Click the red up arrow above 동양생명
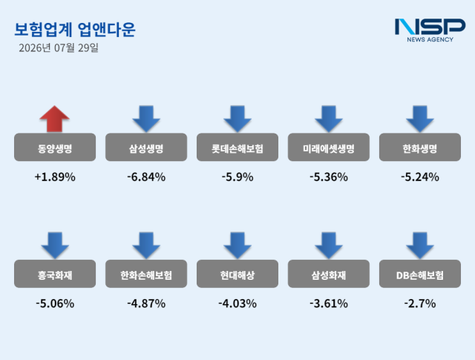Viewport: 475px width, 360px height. coord(54,119)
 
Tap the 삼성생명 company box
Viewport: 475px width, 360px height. coord(146,147)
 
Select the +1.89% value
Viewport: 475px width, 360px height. coord(55,177)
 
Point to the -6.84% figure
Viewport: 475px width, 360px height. coord(146,177)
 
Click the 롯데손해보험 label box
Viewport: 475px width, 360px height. coord(237,147)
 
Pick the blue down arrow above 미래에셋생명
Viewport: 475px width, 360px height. coord(329,119)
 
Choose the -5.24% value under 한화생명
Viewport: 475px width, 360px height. coord(420,177)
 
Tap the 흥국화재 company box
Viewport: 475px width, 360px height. coord(55,274)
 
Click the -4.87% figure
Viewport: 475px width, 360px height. coord(146,304)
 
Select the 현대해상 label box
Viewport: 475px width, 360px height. coord(237,274)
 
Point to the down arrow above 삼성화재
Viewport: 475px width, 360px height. coord(329,246)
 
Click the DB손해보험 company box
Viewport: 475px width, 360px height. coord(420,274)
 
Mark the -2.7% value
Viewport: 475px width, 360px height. coord(420,304)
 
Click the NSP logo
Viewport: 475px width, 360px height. coord(430,30)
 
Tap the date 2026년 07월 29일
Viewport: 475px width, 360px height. coord(59,48)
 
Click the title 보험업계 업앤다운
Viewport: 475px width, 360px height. coord(75,30)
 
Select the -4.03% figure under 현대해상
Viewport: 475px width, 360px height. coord(237,304)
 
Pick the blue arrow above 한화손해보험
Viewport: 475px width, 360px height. coord(146,246)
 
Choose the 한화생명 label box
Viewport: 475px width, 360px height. coord(420,147)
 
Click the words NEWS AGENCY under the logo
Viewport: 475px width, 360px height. coord(430,39)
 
